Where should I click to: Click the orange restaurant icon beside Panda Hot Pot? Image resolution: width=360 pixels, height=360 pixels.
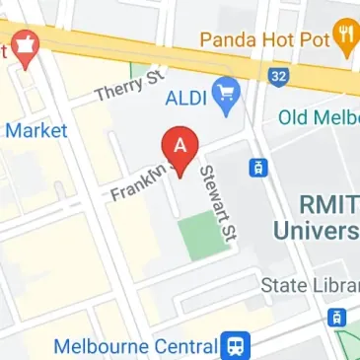(x=343, y=37)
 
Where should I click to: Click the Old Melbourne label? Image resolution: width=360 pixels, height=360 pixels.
(x=318, y=117)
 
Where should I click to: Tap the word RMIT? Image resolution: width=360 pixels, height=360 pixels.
(x=328, y=204)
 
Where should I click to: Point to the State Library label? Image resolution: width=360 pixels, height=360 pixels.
(x=309, y=285)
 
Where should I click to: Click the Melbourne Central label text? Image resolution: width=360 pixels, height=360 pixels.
(x=134, y=347)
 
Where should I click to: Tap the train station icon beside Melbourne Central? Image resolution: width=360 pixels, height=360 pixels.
(x=237, y=346)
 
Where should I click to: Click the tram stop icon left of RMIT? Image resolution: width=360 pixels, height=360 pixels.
(x=259, y=169)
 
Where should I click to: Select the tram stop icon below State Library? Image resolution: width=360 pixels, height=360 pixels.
(x=336, y=318)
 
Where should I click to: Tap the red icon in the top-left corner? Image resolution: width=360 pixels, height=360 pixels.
(x=22, y=48)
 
